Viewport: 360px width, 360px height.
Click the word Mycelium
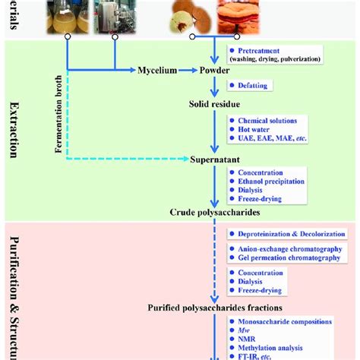(x=156, y=70)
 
